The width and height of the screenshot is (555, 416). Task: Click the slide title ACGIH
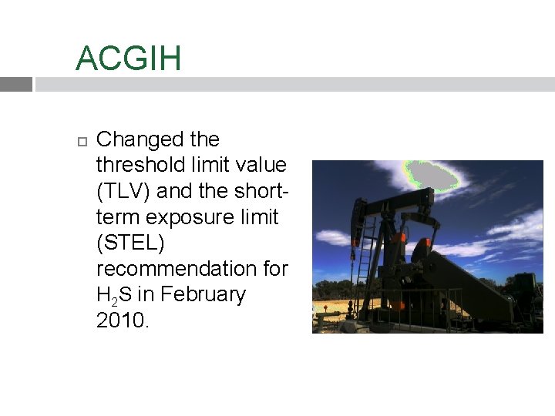click(128, 59)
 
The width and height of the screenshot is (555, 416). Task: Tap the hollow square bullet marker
click(82, 141)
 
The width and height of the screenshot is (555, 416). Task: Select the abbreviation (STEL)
click(130, 243)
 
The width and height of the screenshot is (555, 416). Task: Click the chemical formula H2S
click(113, 295)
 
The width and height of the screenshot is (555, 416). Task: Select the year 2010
click(122, 320)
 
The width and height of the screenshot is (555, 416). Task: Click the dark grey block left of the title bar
click(15, 85)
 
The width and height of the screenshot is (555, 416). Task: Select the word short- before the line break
click(260, 191)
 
